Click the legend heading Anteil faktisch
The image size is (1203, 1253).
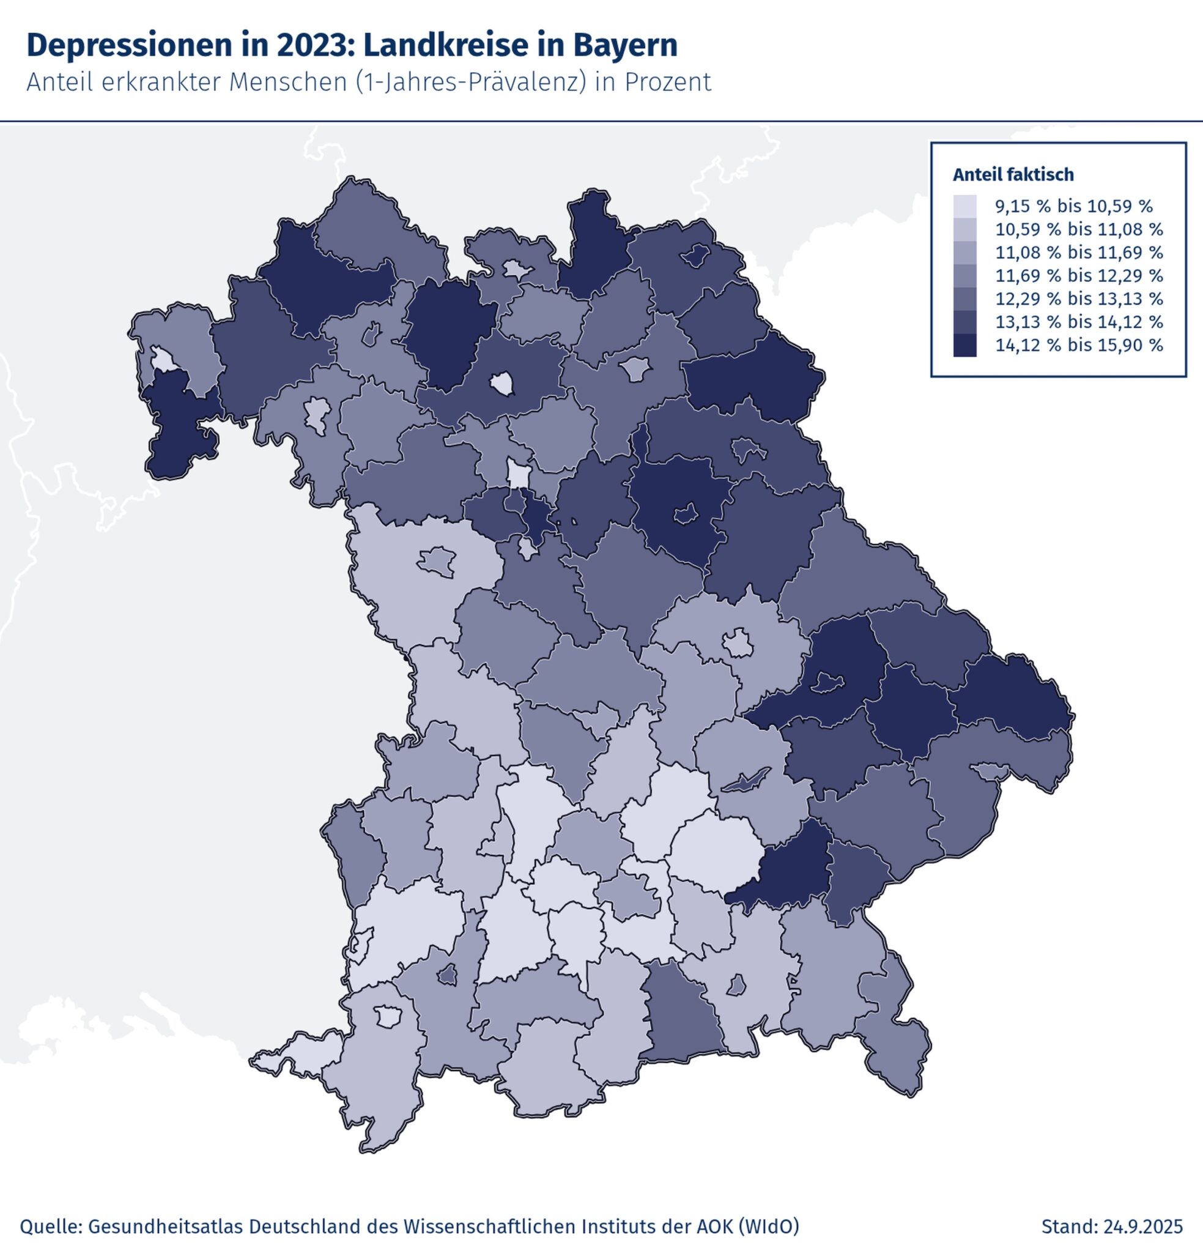(1013, 174)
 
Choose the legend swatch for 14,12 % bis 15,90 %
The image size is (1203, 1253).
(964, 345)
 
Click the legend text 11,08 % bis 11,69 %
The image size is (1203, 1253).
(1079, 253)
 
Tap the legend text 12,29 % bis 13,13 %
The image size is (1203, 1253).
(1079, 299)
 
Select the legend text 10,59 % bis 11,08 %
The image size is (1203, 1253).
(1079, 229)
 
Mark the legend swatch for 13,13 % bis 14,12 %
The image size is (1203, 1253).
(964, 322)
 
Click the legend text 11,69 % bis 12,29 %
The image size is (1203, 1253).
(1079, 275)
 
